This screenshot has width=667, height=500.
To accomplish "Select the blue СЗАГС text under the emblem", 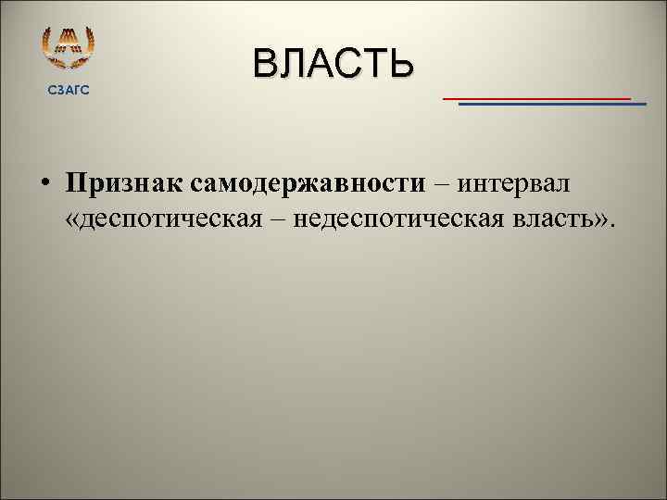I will pyautogui.click(x=69, y=89).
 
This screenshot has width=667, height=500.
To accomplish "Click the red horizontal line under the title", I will pyautogui.click(x=536, y=97).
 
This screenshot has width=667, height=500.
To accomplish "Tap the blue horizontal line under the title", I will pyautogui.click(x=552, y=105).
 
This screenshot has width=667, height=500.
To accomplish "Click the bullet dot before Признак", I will pyautogui.click(x=44, y=182).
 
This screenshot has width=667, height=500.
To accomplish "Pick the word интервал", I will pyautogui.click(x=513, y=182).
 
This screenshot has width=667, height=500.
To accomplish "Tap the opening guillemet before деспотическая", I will pyautogui.click(x=74, y=221).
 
